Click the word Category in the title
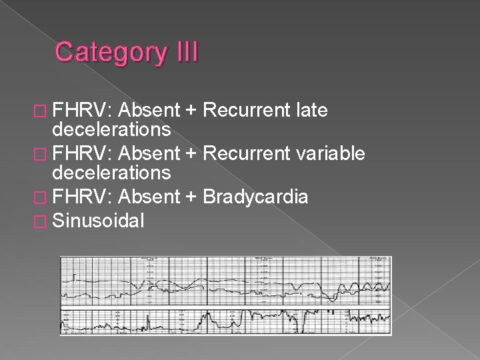109,52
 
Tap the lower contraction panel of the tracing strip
225,321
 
